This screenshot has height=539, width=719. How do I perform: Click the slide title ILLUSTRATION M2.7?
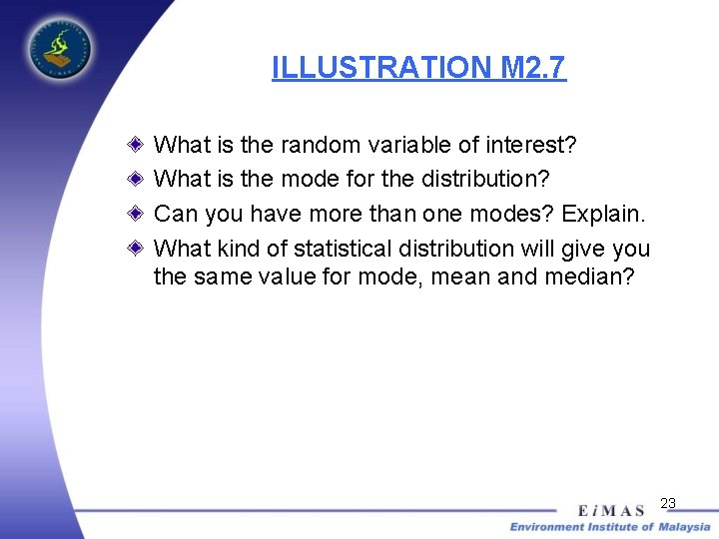pos(418,68)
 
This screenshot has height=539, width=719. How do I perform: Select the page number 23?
pos(668,503)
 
